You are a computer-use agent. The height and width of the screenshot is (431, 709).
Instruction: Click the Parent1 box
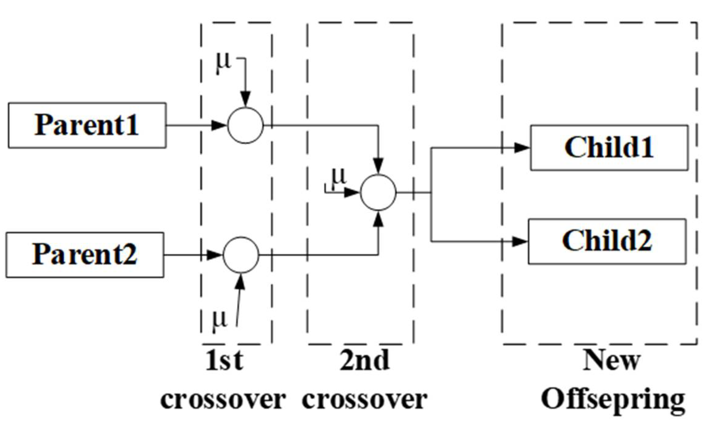[87, 125]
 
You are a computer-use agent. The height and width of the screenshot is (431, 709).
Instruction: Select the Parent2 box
[85, 255]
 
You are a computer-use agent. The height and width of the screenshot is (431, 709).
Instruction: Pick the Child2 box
[607, 241]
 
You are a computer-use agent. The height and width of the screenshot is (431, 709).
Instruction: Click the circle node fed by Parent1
[245, 125]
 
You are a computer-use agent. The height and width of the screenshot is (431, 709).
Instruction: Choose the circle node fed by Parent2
[241, 255]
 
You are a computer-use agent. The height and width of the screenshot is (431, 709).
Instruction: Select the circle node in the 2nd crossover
[378, 193]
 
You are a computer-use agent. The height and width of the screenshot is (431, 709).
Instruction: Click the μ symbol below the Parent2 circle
[220, 320]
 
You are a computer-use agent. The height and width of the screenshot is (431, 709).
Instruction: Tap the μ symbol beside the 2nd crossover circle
[339, 177]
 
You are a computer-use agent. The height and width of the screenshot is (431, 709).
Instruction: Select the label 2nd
[364, 361]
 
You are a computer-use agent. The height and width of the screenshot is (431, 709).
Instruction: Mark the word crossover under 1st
[223, 399]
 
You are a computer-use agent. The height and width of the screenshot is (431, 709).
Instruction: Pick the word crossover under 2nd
[364, 399]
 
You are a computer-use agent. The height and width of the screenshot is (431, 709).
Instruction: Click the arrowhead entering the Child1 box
[522, 148]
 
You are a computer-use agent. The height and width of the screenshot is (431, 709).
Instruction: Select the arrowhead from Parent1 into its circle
[219, 125]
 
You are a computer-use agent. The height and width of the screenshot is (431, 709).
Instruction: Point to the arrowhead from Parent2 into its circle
[214, 255]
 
